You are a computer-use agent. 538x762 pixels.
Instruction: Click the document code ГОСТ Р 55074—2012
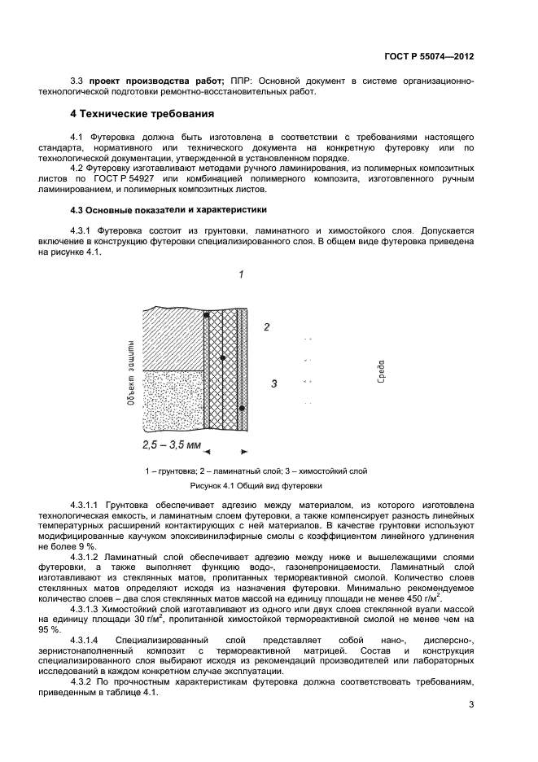[428, 55]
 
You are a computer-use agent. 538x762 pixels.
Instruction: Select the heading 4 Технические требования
[142, 113]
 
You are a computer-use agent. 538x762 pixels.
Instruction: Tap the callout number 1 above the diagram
[242, 275]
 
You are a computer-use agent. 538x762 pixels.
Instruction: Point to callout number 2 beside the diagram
[265, 327]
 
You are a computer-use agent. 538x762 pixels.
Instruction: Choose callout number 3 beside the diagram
[274, 383]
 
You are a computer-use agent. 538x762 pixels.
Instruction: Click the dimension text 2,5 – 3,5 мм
[171, 445]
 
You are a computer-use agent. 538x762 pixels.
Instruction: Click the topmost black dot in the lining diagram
[207, 315]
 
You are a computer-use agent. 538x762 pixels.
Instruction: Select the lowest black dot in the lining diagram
[242, 408]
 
